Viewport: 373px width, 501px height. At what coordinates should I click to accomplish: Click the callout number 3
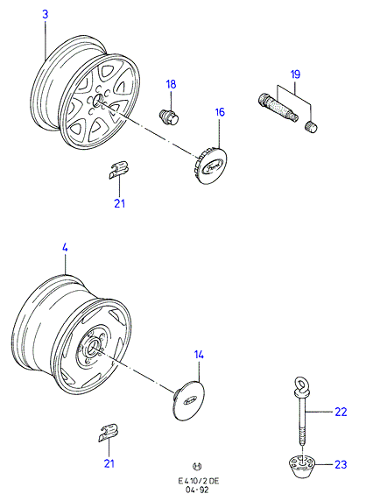(x=46, y=14)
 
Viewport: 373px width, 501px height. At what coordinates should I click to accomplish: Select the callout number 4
(x=65, y=248)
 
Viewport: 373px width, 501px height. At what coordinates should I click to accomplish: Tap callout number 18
(x=171, y=84)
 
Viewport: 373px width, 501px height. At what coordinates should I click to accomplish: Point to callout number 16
(x=220, y=112)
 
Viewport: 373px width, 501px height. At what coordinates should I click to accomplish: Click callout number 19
(x=295, y=74)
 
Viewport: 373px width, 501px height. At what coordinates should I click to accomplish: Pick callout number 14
(x=199, y=355)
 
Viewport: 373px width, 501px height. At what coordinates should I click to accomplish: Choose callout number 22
(x=341, y=412)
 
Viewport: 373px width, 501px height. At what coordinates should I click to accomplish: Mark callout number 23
(x=341, y=464)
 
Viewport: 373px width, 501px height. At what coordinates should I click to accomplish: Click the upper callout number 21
(x=119, y=203)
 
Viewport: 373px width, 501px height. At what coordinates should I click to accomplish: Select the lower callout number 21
(x=109, y=463)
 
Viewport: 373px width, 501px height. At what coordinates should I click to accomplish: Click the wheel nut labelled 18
(x=169, y=116)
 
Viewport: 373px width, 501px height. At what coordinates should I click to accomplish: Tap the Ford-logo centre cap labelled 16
(x=210, y=165)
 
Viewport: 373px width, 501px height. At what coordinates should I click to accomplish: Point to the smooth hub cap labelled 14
(x=189, y=400)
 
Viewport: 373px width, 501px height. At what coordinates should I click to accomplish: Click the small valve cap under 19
(x=311, y=126)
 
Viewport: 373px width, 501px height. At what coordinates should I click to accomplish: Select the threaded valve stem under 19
(x=278, y=106)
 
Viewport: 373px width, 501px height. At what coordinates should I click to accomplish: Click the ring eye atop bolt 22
(x=300, y=384)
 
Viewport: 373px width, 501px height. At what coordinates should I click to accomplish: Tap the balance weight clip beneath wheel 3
(x=117, y=170)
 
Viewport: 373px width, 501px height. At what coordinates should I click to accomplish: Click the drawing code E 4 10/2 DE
(x=199, y=481)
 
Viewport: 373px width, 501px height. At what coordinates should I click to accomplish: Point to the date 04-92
(x=197, y=490)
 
